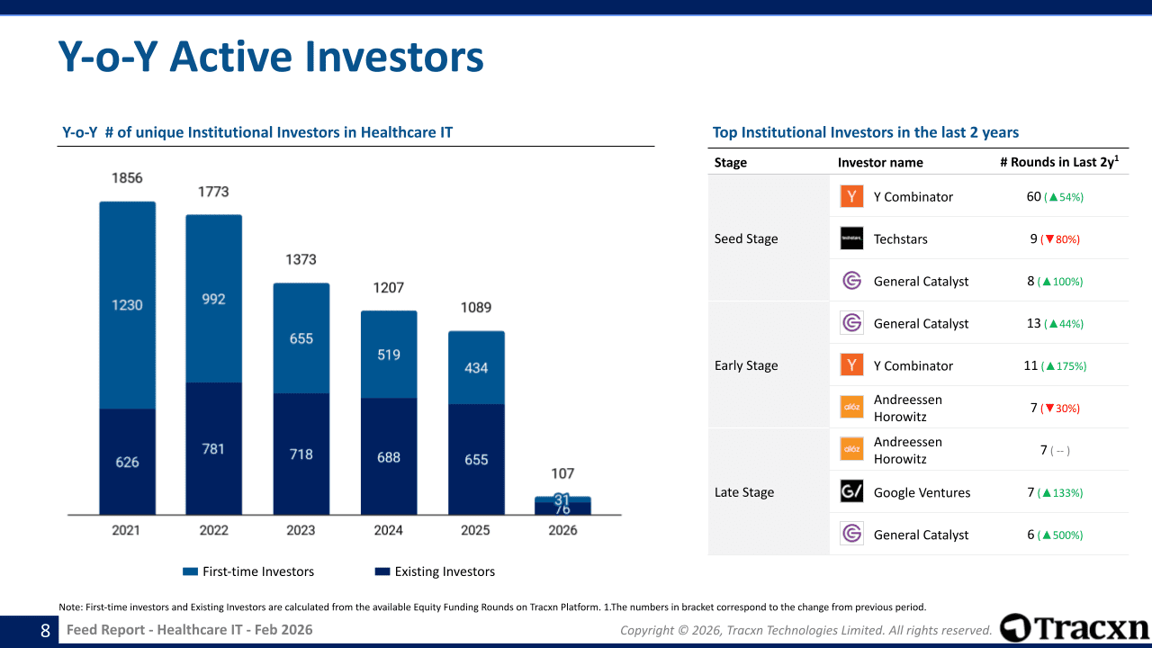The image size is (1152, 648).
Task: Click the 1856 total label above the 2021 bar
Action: click(127, 178)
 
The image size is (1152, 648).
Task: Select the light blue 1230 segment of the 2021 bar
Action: click(127, 305)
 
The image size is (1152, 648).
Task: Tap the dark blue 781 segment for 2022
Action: click(213, 448)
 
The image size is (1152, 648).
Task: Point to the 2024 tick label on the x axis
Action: click(388, 530)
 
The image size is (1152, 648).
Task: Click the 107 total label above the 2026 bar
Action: click(562, 473)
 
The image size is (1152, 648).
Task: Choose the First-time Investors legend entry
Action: click(248, 571)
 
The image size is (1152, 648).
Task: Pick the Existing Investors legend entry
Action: click(435, 571)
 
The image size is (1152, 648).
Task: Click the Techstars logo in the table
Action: click(851, 238)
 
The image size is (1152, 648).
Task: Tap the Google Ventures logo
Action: click(851, 492)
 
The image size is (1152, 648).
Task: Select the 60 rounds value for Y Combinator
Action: click(1034, 196)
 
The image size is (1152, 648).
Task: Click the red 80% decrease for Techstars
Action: click(1060, 239)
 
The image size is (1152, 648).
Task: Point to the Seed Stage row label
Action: click(746, 238)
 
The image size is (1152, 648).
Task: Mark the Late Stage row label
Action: click(744, 492)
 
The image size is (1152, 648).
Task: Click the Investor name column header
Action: click(880, 162)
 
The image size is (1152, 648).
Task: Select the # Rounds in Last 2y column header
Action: click(1059, 162)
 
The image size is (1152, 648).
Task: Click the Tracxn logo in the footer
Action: click(1074, 627)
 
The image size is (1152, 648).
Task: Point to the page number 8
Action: click(45, 630)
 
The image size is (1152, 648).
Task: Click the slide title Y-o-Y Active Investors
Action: click(271, 57)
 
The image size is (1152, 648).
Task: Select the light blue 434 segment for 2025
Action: click(476, 367)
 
